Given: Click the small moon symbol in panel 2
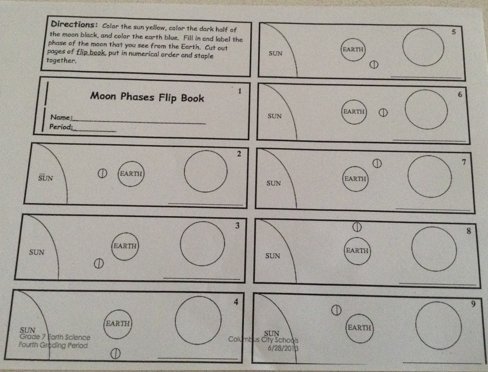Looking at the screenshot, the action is pyautogui.click(x=102, y=174).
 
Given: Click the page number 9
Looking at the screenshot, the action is pyautogui.click(x=473, y=304).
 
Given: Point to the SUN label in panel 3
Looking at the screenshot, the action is pyautogui.click(x=37, y=252).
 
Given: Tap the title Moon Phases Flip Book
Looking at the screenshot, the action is pyautogui.click(x=147, y=97).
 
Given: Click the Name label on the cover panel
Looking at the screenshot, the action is pyautogui.click(x=61, y=117).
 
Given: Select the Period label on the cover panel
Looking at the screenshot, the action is pyautogui.click(x=61, y=127).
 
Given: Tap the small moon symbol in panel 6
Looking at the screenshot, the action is pyautogui.click(x=383, y=113).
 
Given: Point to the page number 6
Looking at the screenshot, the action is pyautogui.click(x=460, y=95).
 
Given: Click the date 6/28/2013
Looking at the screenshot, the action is pyautogui.click(x=283, y=348).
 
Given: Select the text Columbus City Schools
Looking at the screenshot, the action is pyautogui.click(x=263, y=340).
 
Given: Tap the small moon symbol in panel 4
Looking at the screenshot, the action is pyautogui.click(x=115, y=353).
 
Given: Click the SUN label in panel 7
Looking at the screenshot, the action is pyautogui.click(x=274, y=183).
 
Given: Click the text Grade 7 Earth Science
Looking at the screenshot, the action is pyautogui.click(x=55, y=337).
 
